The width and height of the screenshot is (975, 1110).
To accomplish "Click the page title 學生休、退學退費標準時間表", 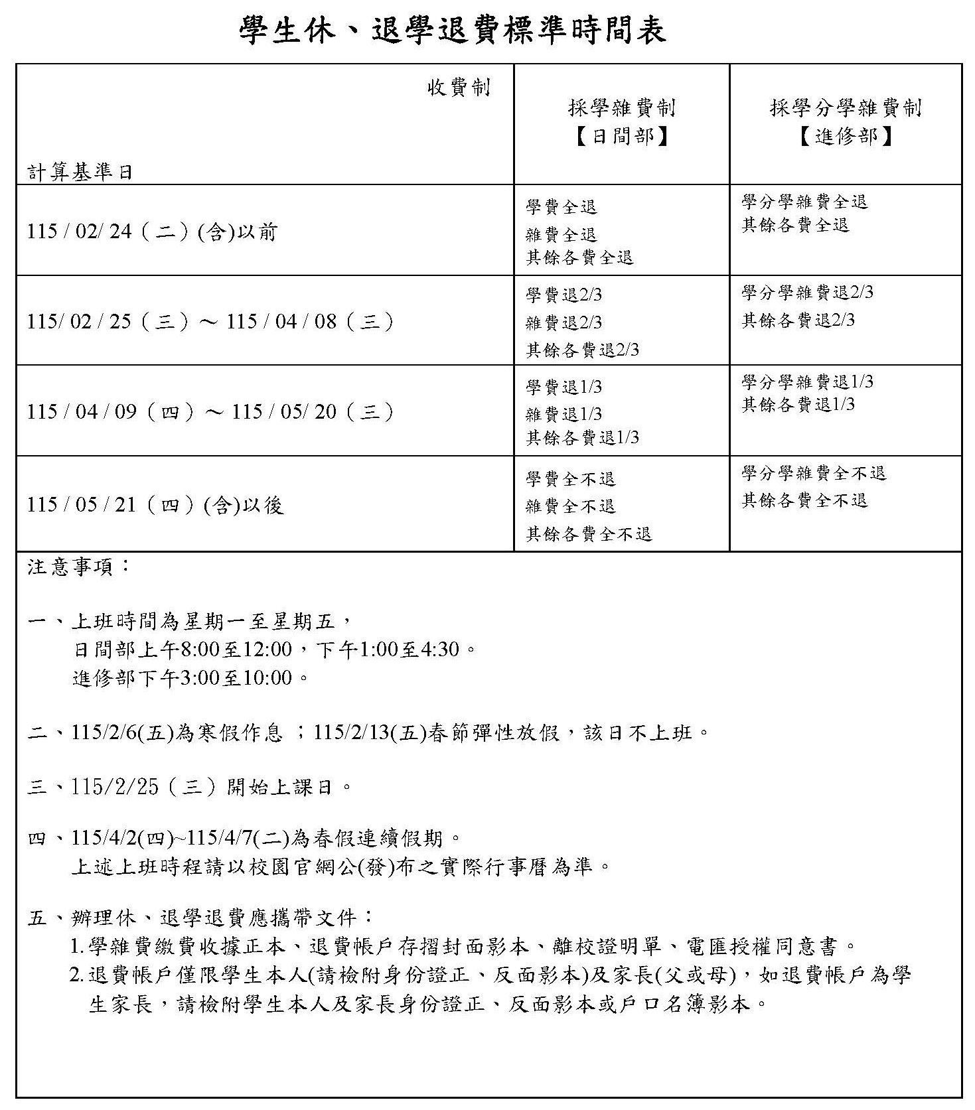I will [452, 31].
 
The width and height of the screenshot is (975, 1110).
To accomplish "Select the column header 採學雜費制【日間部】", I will [621, 122].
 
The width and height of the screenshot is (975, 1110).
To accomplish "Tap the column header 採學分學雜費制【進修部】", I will [846, 122].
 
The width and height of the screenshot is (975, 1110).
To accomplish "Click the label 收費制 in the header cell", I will [459, 87].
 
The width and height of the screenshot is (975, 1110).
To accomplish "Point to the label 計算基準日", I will [80, 173].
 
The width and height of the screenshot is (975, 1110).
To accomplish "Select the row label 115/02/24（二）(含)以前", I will [152, 232].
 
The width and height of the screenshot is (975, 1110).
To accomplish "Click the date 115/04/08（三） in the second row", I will [311, 322].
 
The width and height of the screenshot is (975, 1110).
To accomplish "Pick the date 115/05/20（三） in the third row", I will [313, 412].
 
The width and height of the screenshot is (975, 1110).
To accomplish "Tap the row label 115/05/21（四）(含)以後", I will [155, 506].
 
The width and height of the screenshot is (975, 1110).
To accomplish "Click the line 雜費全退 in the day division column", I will [562, 234].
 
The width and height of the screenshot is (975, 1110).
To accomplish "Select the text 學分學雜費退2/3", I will [807, 293].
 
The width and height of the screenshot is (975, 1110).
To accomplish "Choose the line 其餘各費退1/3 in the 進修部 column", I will [798, 405].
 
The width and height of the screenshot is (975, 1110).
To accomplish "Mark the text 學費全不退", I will [571, 478].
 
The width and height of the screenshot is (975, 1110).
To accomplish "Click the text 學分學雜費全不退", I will [814, 473].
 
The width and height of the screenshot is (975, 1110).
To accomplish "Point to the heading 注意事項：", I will [79, 567].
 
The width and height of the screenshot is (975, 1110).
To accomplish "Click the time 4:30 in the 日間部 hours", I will [441, 649].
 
